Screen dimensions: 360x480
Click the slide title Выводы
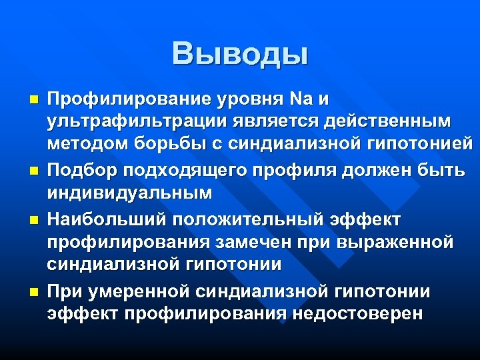click(x=240, y=53)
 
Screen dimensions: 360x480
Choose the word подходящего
click(x=180, y=169)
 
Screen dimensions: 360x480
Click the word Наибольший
click(x=97, y=219)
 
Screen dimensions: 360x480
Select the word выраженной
click(x=397, y=241)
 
